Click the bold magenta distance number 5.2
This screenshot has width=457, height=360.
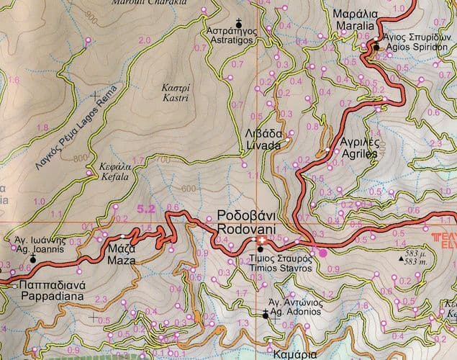click(145, 209)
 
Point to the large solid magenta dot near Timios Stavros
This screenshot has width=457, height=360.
click(323, 252)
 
